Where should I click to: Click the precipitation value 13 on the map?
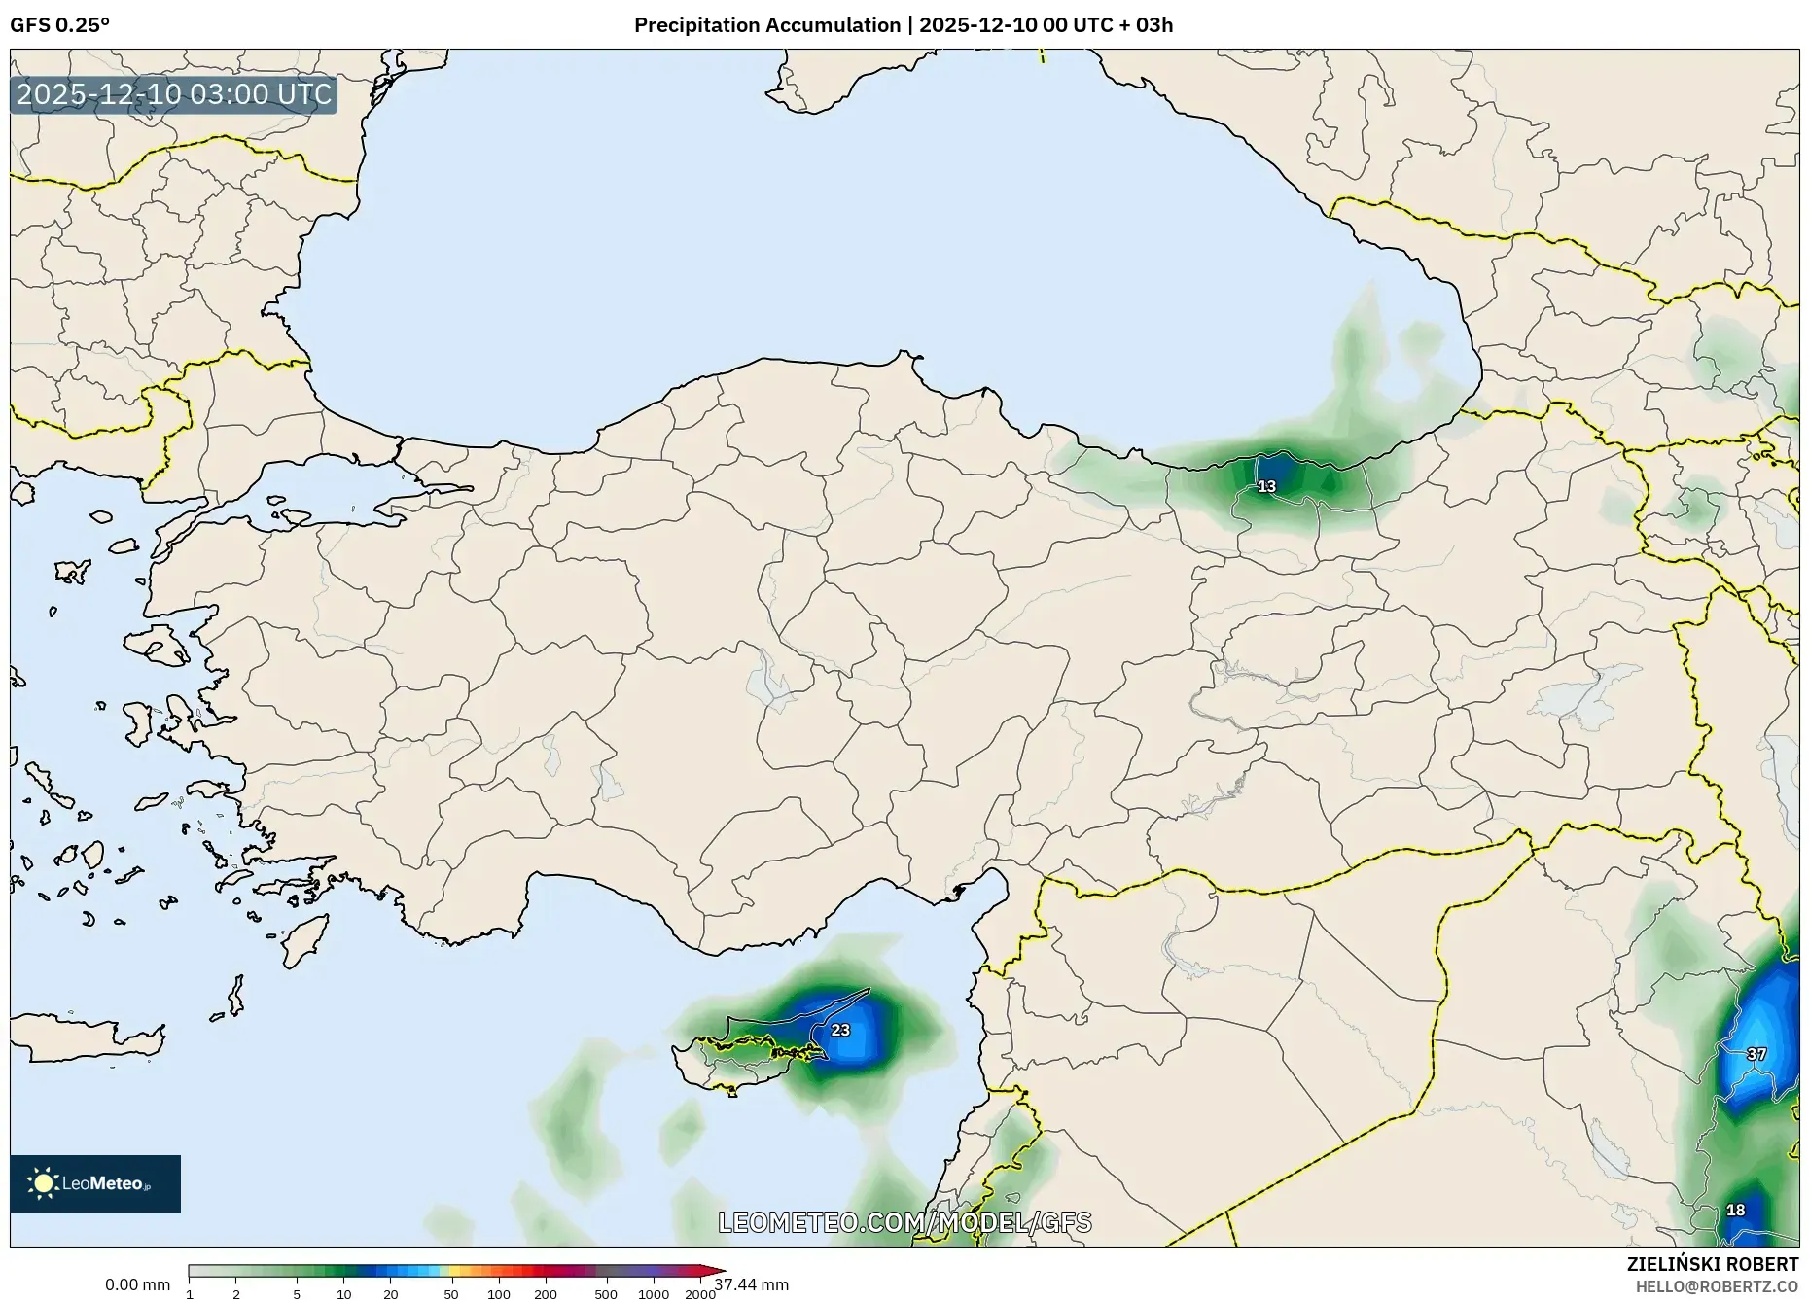1266,486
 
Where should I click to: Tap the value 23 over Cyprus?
840,1030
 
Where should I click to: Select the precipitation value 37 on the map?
1756,1054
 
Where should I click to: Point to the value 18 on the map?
1735,1211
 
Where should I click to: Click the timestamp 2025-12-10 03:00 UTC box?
174,95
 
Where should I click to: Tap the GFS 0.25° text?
59,25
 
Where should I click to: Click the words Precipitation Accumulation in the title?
766,25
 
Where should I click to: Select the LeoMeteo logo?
95,1183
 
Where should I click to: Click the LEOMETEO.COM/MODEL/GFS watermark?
904,1222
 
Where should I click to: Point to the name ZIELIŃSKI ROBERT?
1712,1264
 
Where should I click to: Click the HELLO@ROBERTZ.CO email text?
1717,1286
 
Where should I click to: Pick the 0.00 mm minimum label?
137,1285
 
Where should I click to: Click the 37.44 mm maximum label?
751,1285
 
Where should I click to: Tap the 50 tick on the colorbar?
450,1294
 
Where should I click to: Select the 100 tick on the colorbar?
498,1294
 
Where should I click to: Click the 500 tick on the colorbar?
606,1294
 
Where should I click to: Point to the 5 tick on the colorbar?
297,1294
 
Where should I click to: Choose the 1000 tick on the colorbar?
653,1294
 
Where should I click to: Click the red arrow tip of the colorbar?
719,1271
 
